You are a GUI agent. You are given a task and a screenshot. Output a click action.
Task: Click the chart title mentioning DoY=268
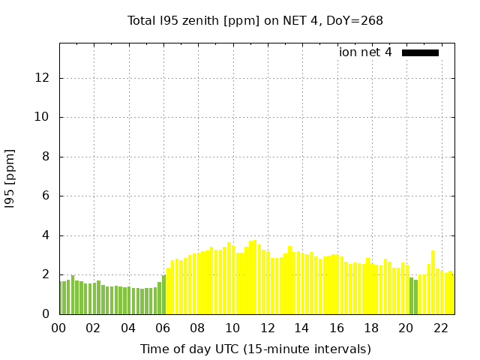255,20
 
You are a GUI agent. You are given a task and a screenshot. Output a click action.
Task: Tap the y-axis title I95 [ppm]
10,178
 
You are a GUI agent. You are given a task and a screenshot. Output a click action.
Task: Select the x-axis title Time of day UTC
255,349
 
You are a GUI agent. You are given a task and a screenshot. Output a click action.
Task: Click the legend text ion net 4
365,52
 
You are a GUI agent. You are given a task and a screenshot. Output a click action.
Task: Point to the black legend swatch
420,52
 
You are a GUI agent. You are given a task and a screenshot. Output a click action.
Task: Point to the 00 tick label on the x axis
59,328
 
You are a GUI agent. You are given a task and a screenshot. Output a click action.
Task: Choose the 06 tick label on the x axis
163,328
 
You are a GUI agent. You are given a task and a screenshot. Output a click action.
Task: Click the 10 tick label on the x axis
232,328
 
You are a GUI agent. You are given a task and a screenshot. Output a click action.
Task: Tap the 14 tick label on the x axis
301,328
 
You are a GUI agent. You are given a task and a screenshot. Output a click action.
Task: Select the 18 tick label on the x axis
371,328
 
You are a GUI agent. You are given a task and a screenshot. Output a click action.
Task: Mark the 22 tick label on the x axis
440,328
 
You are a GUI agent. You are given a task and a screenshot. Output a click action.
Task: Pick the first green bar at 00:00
62,298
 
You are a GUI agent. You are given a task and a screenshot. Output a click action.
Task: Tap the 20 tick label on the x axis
406,328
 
